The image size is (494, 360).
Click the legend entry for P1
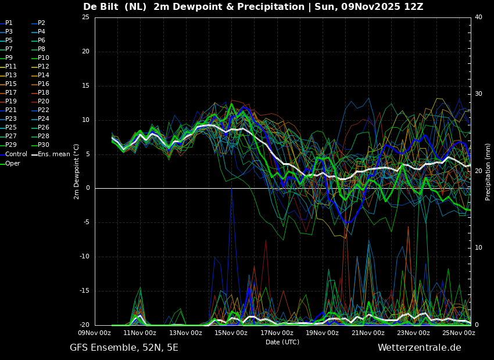pos(6,23)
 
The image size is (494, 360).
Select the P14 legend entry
pos(41,75)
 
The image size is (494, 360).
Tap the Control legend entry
pos(13,154)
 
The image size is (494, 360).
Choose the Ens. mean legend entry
pos(51,154)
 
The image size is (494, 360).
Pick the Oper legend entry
pos(10,164)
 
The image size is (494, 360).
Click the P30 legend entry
pos(41,145)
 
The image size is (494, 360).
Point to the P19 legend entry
pos(9,102)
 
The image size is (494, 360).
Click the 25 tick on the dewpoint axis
pos(85,17)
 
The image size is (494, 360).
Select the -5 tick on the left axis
pos(85,222)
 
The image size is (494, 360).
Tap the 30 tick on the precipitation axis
pos(478,94)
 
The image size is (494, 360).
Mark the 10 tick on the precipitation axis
pos(478,248)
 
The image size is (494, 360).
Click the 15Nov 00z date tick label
pos(231,333)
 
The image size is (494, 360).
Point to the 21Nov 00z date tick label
pos(368,333)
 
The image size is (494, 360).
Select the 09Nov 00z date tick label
pos(95,333)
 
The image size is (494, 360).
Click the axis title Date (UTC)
pos(282,342)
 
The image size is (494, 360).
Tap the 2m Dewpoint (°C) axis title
pos(76,172)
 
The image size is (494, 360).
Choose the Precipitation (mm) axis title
pos(488,172)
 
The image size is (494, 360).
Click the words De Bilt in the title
pos(101,6)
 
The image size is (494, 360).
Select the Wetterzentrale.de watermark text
pos(420,348)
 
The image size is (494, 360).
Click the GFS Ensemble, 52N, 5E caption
pos(124,348)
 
